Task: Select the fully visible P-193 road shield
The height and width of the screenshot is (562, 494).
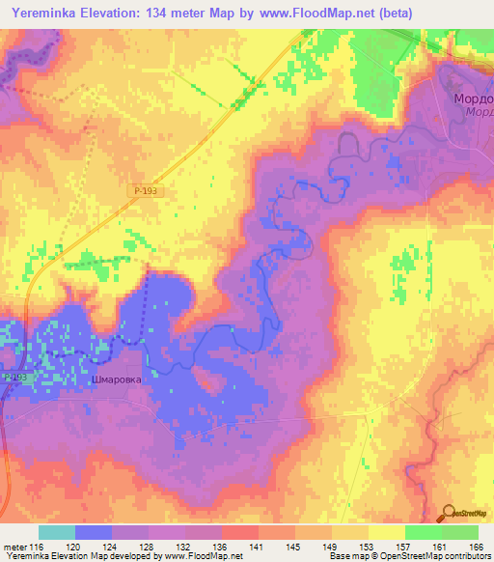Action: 145,192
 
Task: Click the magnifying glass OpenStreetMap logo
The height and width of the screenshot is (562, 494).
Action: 449,514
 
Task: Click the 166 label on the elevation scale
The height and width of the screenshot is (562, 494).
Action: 475,546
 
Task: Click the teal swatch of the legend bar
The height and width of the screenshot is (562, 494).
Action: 56,532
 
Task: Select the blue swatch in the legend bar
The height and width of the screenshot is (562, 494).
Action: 94,532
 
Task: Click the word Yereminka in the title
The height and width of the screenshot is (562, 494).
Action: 45,13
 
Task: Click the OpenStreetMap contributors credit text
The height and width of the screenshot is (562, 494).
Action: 437,556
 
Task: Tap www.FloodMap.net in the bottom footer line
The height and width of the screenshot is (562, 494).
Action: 199,556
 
